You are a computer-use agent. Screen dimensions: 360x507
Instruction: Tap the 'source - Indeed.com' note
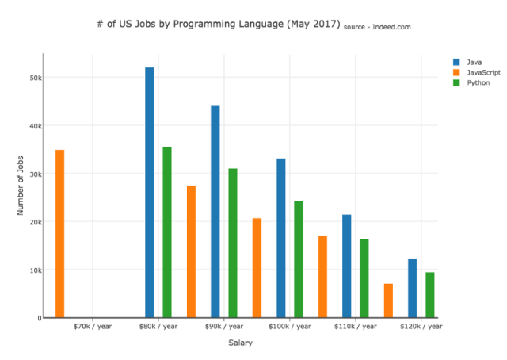coord(377,27)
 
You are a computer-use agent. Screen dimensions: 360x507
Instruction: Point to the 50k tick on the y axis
coord(36,78)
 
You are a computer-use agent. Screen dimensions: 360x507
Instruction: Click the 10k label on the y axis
coord(36,270)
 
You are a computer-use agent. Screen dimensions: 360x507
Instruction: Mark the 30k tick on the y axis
coord(36,174)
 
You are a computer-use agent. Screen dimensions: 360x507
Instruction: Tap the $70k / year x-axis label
coord(93,326)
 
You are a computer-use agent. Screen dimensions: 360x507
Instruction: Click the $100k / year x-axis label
coord(290,326)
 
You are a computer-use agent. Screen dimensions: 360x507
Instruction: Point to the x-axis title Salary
coord(241,343)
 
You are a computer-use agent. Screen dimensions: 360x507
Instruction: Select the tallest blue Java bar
coord(149,192)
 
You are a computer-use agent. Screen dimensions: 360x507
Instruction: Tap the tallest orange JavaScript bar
coord(59,233)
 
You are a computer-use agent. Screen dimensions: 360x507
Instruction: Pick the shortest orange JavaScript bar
coord(388,301)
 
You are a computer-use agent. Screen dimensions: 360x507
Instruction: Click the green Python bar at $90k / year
coord(233,243)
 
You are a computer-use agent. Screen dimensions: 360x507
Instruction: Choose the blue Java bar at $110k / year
coord(347,266)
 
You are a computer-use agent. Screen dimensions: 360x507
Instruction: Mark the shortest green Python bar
coord(430,294)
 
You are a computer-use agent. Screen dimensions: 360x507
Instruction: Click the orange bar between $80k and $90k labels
coord(191,251)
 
